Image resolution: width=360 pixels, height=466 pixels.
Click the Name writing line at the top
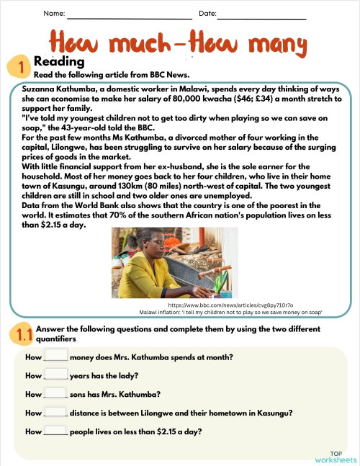pos(130,17)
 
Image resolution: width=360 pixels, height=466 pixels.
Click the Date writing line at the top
pos(262,17)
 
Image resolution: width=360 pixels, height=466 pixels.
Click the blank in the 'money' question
pos(56,355)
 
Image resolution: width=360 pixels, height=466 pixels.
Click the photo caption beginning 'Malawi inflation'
pos(230,312)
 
